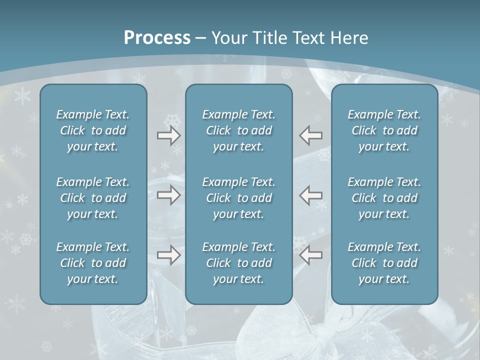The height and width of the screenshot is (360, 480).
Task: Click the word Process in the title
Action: tap(157, 38)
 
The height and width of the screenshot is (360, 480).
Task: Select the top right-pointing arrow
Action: tap(168, 135)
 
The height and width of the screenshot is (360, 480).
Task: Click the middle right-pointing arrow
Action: tap(168, 195)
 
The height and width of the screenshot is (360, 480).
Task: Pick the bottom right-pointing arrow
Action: tap(168, 255)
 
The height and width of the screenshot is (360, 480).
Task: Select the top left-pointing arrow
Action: tap(311, 135)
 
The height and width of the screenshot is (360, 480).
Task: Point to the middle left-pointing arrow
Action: tap(311, 195)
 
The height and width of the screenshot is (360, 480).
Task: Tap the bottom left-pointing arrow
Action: tap(311, 255)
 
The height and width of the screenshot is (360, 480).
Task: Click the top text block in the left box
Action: tap(93, 130)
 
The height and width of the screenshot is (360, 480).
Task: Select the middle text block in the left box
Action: tap(93, 198)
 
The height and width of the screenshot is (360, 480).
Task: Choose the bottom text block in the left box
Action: tap(93, 263)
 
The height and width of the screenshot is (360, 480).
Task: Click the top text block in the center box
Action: tap(238, 130)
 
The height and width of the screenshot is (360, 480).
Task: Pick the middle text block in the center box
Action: tap(238, 198)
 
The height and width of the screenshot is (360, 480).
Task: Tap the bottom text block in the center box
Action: tap(238, 263)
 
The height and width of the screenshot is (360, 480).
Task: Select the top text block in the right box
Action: tap(384, 130)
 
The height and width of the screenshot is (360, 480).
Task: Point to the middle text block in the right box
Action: tap(384, 198)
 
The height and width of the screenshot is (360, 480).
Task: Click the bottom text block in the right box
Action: tap(384, 263)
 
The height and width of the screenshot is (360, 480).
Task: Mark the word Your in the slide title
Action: tap(227, 38)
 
